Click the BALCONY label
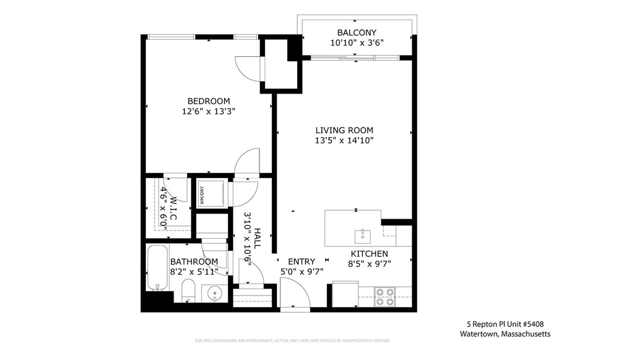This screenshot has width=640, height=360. tap(357, 32)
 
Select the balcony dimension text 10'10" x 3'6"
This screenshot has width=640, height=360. tap(357, 43)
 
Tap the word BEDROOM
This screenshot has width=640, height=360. tap(208, 101)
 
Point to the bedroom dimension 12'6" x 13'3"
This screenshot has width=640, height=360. tap(208, 112)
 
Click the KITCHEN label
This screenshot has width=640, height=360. tap(369, 253)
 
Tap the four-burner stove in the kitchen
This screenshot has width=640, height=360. tap(385, 296)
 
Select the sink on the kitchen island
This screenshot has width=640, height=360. tap(362, 236)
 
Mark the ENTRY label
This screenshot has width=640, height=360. tap(301, 261)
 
